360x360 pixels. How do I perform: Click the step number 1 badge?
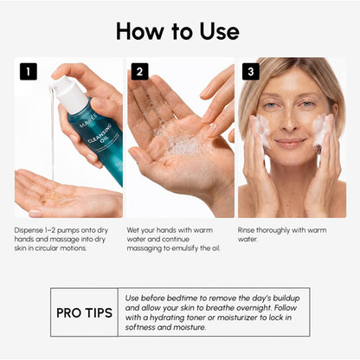pyautogui.click(x=29, y=71)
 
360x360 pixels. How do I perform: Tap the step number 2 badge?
pyautogui.click(x=139, y=71)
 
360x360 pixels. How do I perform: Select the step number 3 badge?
pyautogui.click(x=251, y=71)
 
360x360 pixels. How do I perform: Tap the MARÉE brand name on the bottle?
pyautogui.click(x=88, y=121)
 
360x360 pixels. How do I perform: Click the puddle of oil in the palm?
pyautogui.click(x=55, y=197)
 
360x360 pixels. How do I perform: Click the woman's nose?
pyautogui.click(x=290, y=123)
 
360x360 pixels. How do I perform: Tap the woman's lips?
pyautogui.click(x=290, y=143)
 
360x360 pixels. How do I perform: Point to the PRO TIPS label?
pyautogui.click(x=84, y=313)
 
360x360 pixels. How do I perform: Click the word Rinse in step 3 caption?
pyautogui.click(x=246, y=230)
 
